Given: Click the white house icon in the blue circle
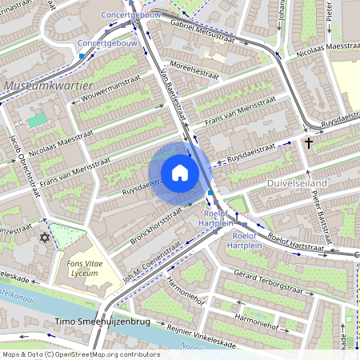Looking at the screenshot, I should pos(180,173).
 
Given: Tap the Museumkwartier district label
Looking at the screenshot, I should pos(49,85).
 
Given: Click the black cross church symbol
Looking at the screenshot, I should pos(308,143).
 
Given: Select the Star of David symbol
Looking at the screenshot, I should pos(45,238).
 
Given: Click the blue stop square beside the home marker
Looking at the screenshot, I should pos(210,193).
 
